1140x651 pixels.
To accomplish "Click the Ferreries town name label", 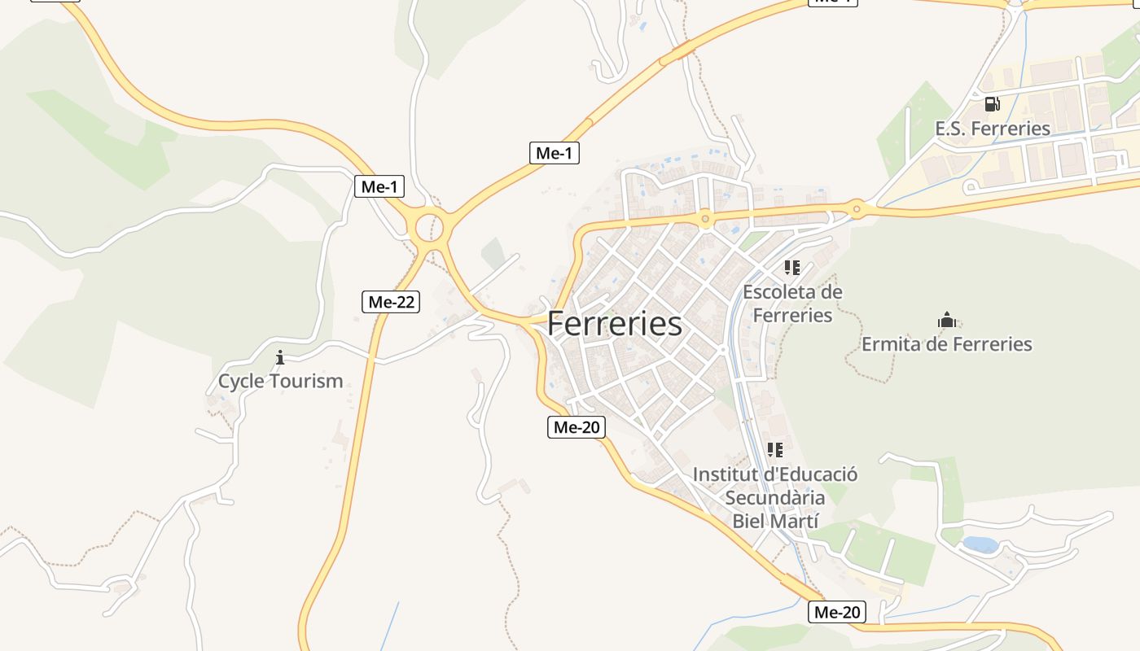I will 615,324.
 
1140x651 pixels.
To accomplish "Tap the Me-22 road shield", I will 391,302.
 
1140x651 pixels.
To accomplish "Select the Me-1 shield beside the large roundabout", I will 379,186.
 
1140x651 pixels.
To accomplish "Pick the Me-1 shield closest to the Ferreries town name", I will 555,152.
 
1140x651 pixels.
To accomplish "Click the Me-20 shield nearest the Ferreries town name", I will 577,426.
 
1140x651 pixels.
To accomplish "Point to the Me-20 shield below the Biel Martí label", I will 837,612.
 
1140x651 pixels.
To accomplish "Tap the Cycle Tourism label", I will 280,381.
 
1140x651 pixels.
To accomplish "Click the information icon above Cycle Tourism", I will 280,357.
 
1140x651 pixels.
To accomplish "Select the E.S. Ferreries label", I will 993,128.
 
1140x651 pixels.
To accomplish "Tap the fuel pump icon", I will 992,104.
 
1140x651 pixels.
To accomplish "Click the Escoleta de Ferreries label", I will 792,303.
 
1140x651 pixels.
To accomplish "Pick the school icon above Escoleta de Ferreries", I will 792,267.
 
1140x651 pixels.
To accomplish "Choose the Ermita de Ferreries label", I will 946,344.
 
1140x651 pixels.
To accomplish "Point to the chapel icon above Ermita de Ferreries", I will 946,320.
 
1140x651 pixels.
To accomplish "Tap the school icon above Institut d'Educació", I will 775,449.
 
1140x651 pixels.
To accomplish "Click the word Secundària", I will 774,497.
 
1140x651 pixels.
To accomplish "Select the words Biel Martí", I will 774,521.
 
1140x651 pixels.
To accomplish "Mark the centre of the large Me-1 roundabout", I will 429,227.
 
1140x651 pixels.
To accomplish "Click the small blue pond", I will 980,544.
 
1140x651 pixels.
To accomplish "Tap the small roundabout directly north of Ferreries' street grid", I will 705,218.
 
